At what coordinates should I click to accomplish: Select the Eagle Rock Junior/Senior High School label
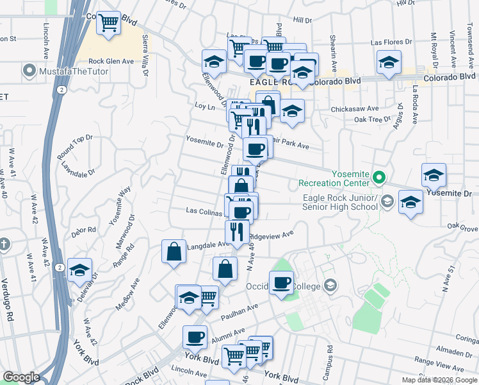(340, 202)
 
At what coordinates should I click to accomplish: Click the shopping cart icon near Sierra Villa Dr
(109, 23)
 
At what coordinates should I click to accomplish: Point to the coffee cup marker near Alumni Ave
(195, 336)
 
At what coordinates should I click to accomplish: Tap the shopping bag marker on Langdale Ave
(174, 252)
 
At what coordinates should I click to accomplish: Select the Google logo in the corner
(21, 377)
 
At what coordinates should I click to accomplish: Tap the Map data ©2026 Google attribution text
(439, 380)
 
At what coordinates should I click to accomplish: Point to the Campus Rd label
(329, 359)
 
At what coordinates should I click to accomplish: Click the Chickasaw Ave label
(355, 109)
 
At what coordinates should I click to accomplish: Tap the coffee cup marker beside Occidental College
(281, 282)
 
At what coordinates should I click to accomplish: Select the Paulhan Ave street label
(239, 313)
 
